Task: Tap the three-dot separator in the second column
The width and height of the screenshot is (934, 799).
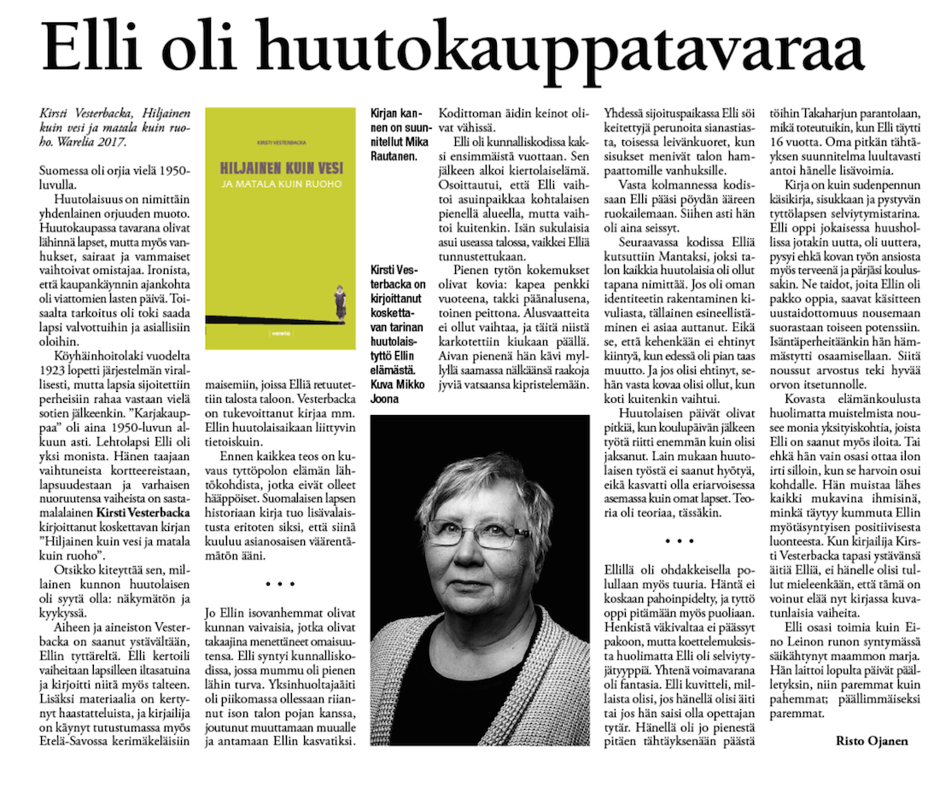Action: tap(280, 584)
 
